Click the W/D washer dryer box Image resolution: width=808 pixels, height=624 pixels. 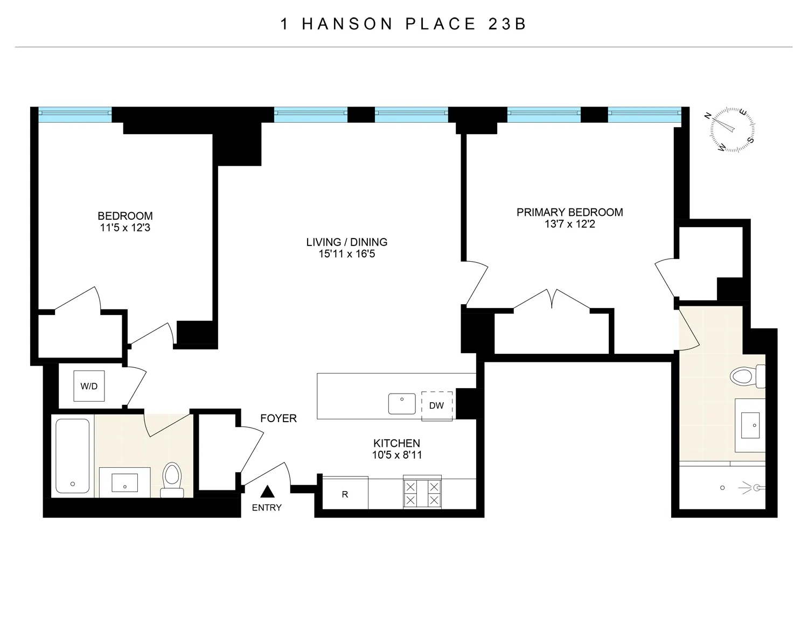point(89,386)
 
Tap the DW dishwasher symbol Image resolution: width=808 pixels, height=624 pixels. point(436,405)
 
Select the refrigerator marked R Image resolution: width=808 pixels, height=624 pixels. point(345,494)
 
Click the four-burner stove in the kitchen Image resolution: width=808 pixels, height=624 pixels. point(422,493)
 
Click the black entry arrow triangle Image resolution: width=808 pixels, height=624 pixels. point(268,492)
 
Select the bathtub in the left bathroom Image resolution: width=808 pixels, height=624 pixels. point(73,455)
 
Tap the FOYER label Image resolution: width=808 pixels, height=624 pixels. point(278,418)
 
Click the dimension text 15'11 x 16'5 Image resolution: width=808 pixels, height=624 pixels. point(346,254)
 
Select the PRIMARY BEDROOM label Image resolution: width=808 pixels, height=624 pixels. point(569,212)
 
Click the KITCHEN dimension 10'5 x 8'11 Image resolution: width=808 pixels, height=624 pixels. point(396,455)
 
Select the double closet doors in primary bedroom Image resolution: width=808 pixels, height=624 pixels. point(553,299)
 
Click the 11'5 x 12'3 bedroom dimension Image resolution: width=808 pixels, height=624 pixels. point(125,228)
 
